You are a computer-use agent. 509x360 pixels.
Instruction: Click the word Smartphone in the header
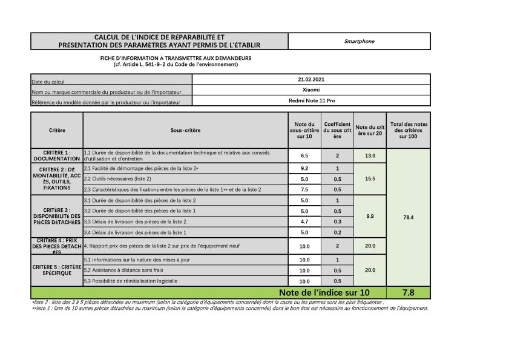pyautogui.click(x=360, y=41)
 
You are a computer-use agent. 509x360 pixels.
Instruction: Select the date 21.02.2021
pyautogui.click(x=311, y=79)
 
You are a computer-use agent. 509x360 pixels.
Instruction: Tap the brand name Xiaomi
pyautogui.click(x=311, y=90)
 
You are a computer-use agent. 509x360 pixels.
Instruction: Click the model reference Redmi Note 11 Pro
pyautogui.click(x=311, y=100)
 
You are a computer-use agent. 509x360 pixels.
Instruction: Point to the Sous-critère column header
pyautogui.click(x=185, y=130)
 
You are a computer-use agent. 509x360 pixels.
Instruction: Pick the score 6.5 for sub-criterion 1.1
pyautogui.click(x=304, y=155)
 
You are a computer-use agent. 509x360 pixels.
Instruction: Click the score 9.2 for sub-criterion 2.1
pyautogui.click(x=304, y=168)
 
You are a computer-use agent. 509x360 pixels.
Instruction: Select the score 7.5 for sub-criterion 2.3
pyautogui.click(x=304, y=189)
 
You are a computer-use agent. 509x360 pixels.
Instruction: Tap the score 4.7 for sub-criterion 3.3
pyautogui.click(x=304, y=221)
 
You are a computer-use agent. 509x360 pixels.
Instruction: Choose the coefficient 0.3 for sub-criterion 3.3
pyautogui.click(x=337, y=221)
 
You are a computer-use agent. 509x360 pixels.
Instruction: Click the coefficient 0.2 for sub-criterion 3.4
pyautogui.click(x=337, y=232)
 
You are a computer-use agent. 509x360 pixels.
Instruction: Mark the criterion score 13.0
pyautogui.click(x=370, y=155)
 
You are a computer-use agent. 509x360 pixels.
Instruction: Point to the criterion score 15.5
pyautogui.click(x=370, y=179)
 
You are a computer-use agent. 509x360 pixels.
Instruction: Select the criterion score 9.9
pyautogui.click(x=370, y=216)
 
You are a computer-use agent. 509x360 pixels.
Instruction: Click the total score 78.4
pyautogui.click(x=408, y=216)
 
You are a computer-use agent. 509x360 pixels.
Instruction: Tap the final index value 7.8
pyautogui.click(x=408, y=292)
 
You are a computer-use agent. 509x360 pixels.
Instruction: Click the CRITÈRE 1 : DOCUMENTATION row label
pyautogui.click(x=57, y=155)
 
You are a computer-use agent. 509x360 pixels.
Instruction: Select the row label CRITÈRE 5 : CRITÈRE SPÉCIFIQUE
pyautogui.click(x=57, y=270)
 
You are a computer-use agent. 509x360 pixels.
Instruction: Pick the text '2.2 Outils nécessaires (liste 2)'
pyautogui.click(x=117, y=179)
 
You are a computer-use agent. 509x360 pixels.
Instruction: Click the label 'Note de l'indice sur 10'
pyautogui.click(x=324, y=292)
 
